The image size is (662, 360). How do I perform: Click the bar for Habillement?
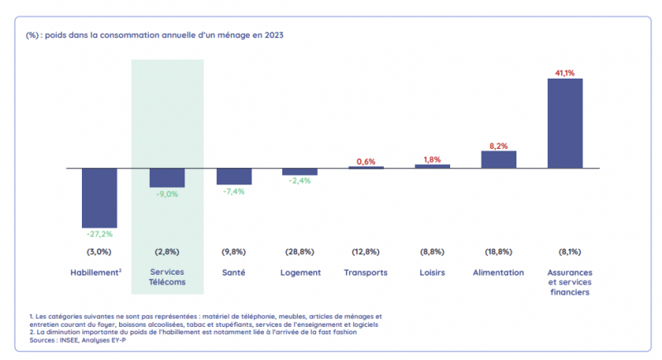click(x=99, y=198)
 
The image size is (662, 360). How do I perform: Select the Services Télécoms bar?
click(x=166, y=178)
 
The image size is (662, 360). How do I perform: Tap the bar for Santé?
click(x=233, y=176)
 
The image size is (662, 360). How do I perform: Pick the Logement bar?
click(x=300, y=171)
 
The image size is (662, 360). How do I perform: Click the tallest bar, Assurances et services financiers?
click(x=565, y=123)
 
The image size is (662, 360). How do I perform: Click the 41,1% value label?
click(x=565, y=73)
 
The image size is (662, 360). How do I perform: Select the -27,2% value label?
click(x=99, y=234)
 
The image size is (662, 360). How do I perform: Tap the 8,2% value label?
click(x=499, y=146)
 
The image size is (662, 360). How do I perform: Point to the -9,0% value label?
click(x=166, y=195)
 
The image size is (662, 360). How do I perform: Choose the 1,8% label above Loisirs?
click(x=432, y=159)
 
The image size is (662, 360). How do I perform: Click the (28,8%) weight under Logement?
click(x=300, y=251)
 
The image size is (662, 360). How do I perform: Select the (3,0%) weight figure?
click(x=99, y=251)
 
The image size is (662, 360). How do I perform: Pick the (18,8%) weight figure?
click(x=499, y=251)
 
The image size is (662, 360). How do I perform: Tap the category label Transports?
click(x=366, y=271)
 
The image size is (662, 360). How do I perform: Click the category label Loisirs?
click(x=432, y=271)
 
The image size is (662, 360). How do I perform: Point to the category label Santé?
click(x=233, y=271)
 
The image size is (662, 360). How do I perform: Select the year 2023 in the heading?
click(x=274, y=36)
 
